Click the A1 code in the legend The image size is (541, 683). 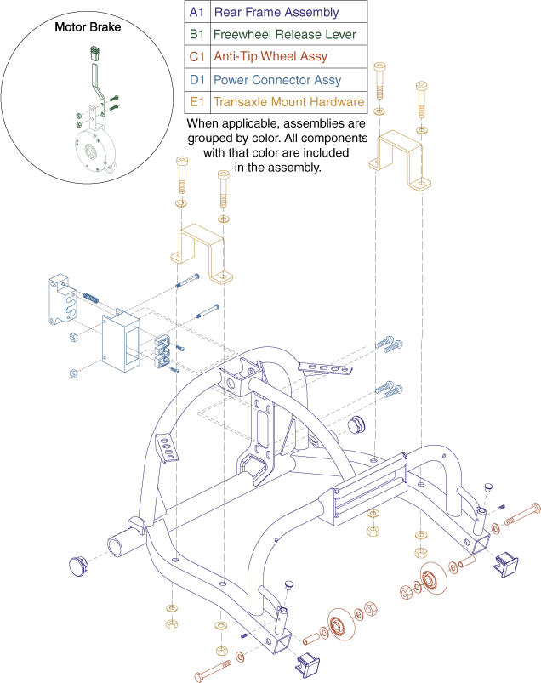tap(196, 13)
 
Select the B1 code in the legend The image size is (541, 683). tap(196, 35)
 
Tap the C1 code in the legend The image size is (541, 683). tap(196, 57)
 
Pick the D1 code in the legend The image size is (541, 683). tap(196, 80)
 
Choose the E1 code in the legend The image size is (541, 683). tap(196, 102)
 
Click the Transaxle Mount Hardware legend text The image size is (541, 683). tap(289, 102)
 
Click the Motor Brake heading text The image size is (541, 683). tap(88, 27)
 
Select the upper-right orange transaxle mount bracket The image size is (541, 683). tap(405, 158)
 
